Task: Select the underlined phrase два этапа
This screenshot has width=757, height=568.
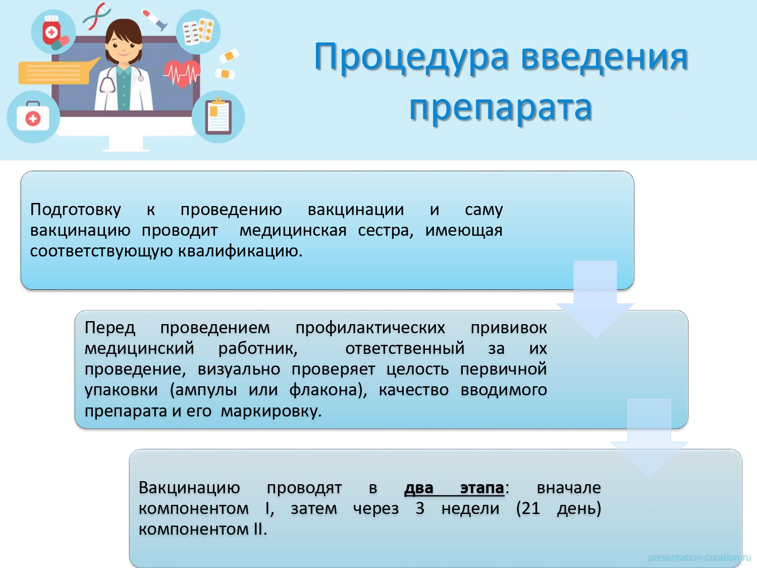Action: point(454,488)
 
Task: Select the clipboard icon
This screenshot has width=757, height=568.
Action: point(219,116)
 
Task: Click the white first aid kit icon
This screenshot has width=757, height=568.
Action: point(33,117)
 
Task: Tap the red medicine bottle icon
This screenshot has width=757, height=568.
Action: point(51,30)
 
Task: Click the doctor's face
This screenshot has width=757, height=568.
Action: point(124,47)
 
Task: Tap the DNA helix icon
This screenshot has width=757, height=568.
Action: point(97,16)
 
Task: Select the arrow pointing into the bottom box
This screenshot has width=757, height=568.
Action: point(649,438)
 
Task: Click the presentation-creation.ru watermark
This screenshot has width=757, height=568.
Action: point(699,557)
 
